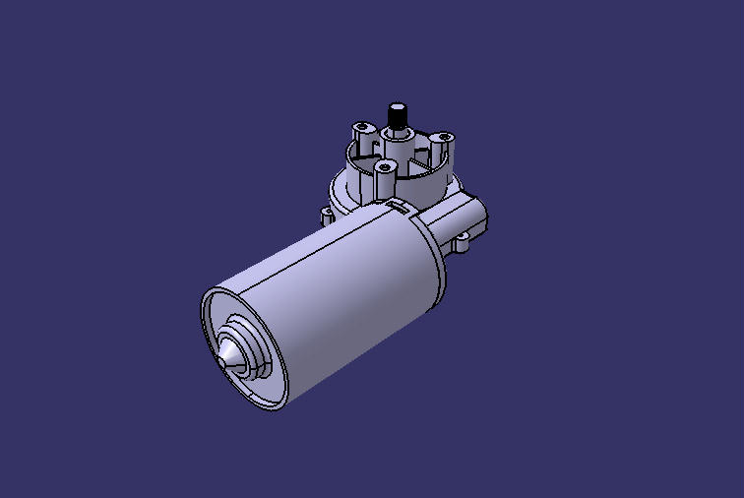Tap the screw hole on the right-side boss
click(443, 135)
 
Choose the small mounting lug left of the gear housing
click(327, 213)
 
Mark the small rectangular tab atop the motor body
click(398, 204)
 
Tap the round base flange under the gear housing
click(344, 192)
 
